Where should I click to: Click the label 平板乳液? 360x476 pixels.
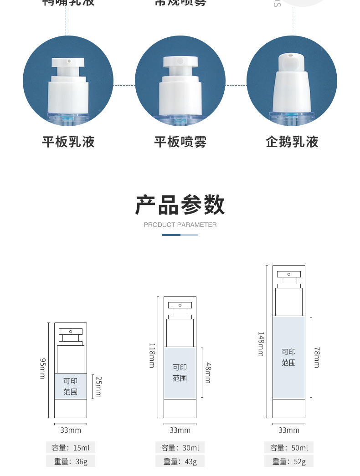68,142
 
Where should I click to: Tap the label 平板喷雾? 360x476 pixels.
180,142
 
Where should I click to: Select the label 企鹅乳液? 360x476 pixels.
292,142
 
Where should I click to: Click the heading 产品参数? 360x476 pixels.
180,205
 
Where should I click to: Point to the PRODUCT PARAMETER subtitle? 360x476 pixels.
180,225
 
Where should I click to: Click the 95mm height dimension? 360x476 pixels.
42,369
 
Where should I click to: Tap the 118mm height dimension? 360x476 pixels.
152,356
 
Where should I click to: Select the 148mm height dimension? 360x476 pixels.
261,344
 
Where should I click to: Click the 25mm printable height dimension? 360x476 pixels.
98,386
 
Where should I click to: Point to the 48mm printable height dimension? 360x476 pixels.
208,372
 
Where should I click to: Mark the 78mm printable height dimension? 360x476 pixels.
317,357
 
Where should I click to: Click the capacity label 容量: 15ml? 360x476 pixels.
71,448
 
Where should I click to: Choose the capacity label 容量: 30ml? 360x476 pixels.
180,448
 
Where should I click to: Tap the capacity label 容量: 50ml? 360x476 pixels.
289,448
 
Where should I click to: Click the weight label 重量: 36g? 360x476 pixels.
71,461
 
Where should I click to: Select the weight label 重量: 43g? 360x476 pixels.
180,461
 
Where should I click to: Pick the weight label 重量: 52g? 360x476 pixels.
289,461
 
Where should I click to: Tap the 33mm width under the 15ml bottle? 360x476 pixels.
71,430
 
